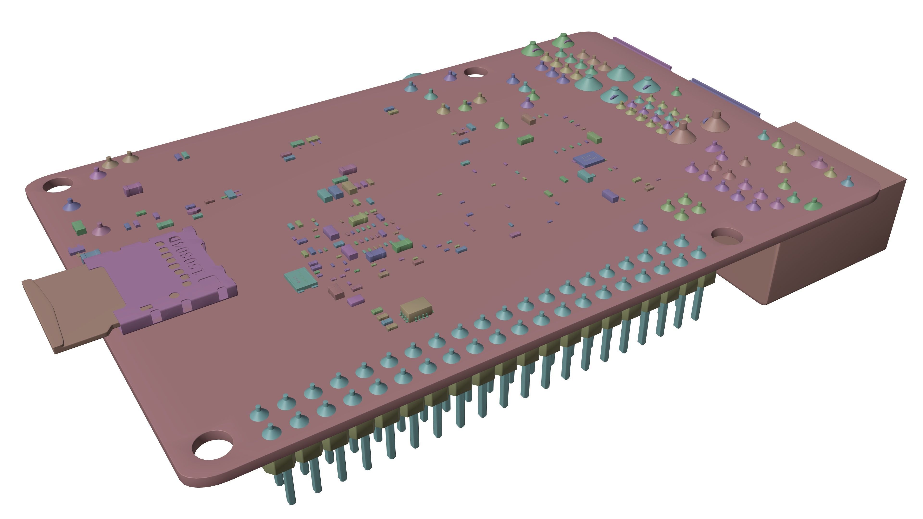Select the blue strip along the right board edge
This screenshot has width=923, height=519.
pyautogui.click(x=726, y=97)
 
